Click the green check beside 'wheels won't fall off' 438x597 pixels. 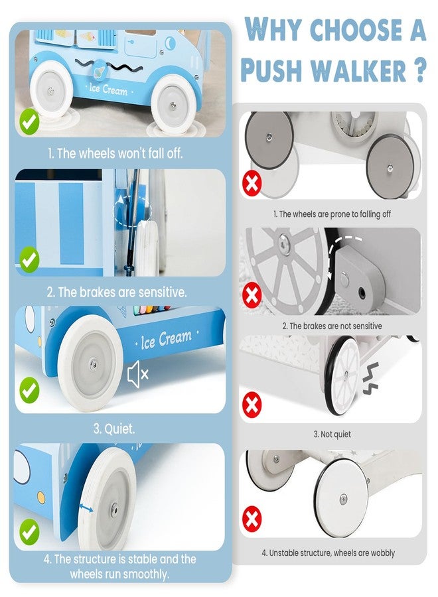pyautogui.click(x=29, y=121)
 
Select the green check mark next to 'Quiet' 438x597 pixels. pyautogui.click(x=29, y=389)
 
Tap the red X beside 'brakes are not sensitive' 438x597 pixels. pyautogui.click(x=252, y=295)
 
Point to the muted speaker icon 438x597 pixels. pyautogui.click(x=137, y=375)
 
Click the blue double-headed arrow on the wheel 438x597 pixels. pyautogui.click(x=86, y=507)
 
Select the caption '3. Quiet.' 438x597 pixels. pyautogui.click(x=114, y=429)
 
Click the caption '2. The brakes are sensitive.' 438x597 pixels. pyautogui.click(x=117, y=292)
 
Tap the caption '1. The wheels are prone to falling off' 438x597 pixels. pyautogui.click(x=332, y=214)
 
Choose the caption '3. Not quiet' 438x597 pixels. pyautogui.click(x=332, y=434)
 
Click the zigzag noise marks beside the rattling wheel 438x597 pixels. pyautogui.click(x=370, y=379)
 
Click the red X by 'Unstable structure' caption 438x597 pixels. pyautogui.click(x=252, y=518)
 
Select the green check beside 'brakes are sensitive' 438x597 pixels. pyautogui.click(x=29, y=259)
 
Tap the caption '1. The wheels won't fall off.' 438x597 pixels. pyautogui.click(x=115, y=153)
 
